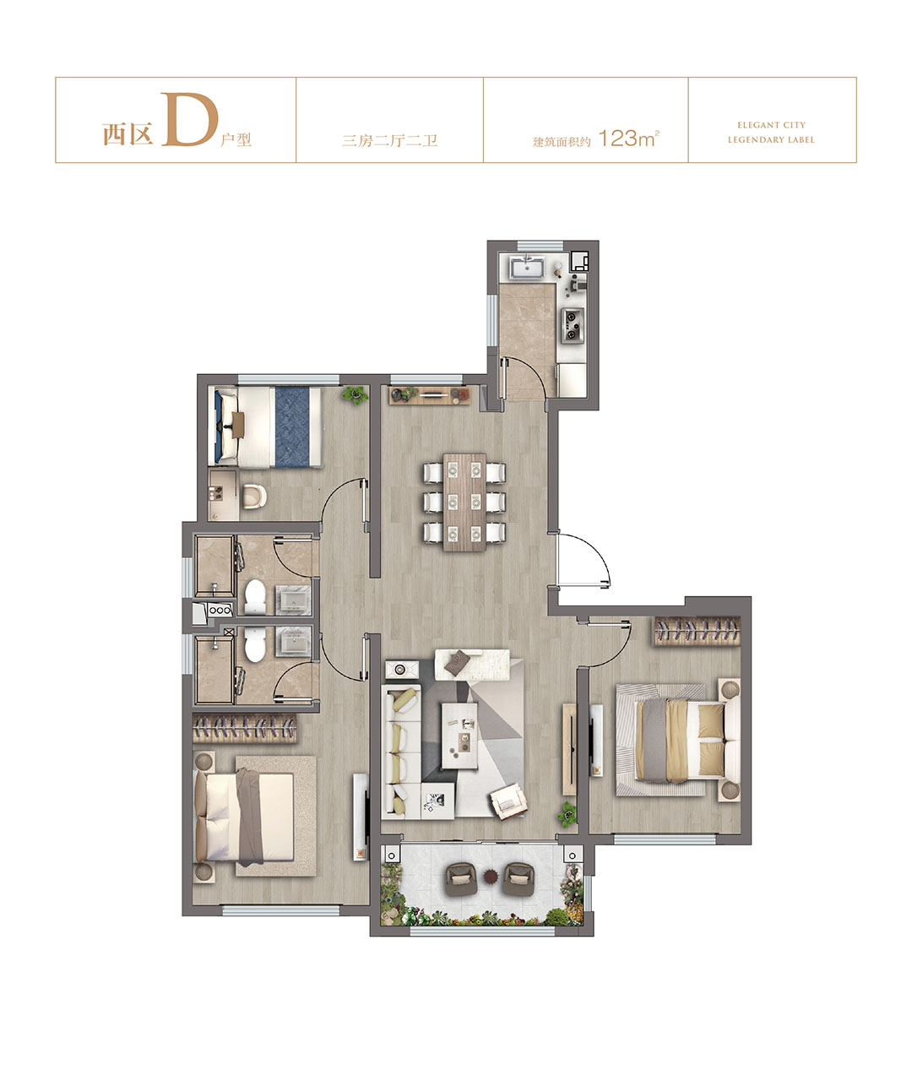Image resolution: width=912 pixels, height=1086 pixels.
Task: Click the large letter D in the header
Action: coord(188,119)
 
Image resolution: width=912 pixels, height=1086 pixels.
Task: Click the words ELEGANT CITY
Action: coord(771,125)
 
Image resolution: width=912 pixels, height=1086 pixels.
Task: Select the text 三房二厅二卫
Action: coord(389,140)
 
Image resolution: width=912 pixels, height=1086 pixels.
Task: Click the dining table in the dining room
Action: coord(464,502)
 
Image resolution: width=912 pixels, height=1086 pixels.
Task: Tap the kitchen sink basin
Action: coord(526,269)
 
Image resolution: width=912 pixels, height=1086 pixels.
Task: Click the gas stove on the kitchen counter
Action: coord(572,325)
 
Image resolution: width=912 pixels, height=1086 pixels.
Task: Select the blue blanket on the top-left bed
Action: coord(292,427)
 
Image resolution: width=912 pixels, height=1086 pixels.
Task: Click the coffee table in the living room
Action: coord(459,736)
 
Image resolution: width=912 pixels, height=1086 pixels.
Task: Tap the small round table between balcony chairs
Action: coord(491,877)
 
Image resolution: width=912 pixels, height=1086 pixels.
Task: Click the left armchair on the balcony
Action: coord(461,878)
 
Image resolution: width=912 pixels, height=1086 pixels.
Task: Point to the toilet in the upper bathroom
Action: coord(254,596)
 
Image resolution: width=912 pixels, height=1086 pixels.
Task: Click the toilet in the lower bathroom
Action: coord(254,644)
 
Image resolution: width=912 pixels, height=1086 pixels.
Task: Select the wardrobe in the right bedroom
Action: coord(697,631)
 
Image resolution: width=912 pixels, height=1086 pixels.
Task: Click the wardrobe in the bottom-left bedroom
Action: coord(244,728)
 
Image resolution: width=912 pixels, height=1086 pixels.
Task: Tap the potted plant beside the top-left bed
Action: coord(355,394)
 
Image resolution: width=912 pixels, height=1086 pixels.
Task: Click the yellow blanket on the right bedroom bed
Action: coord(677,740)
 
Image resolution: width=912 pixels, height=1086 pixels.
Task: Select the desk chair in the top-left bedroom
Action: coord(254,497)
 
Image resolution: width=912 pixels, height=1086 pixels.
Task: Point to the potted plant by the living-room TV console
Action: coord(567,814)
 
